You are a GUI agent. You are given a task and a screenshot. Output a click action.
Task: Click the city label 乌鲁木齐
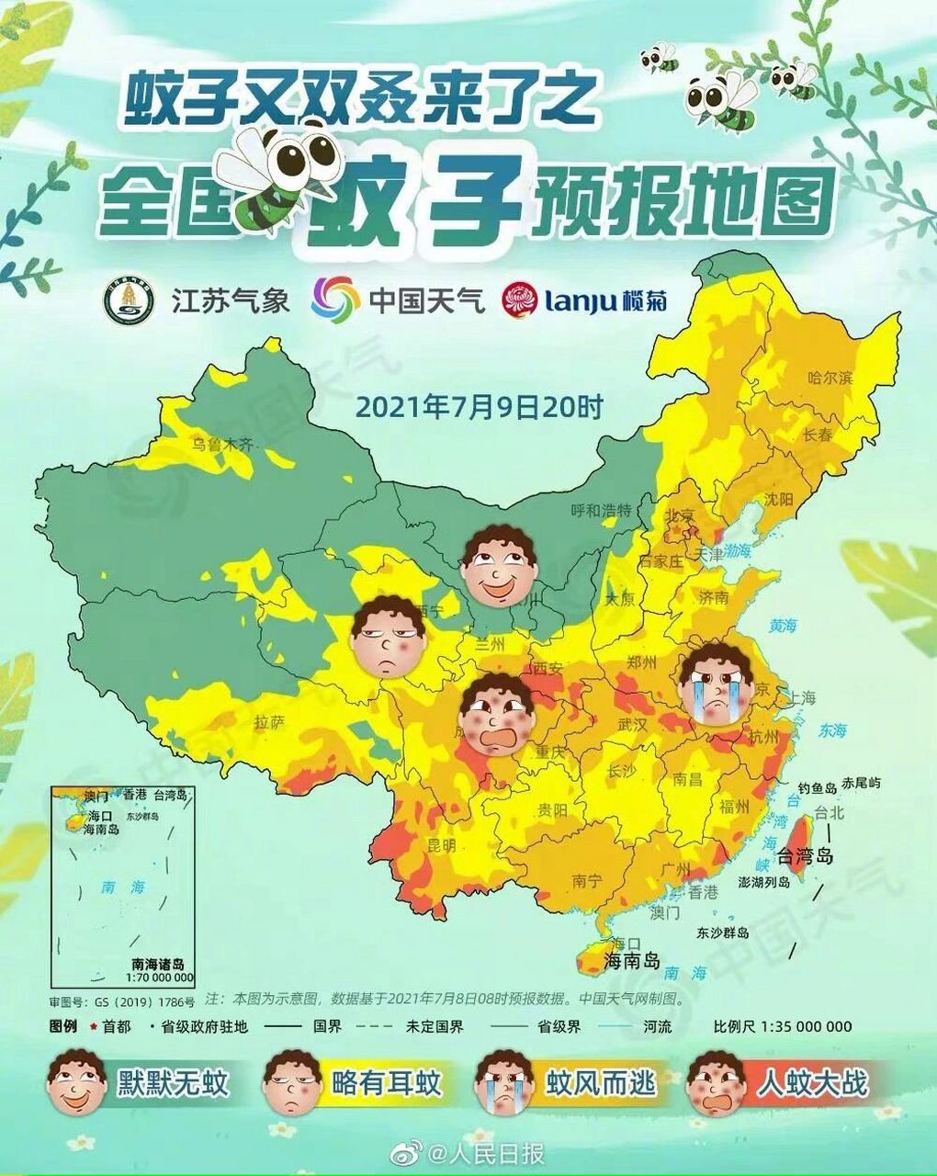coord(221,445)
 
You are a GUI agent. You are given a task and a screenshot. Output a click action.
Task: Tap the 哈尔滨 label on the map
coord(830,378)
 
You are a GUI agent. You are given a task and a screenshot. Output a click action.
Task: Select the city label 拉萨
coord(269,722)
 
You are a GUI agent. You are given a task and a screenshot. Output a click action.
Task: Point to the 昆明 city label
coord(442,843)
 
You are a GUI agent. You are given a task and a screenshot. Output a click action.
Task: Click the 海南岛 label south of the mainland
coord(632,962)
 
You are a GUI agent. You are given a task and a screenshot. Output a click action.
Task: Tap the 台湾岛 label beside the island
coord(805,857)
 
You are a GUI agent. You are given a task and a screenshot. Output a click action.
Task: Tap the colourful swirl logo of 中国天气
coord(335,300)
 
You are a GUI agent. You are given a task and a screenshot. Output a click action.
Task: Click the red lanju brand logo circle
coord(520,300)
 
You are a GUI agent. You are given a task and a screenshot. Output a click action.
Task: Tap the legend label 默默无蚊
coord(173,1083)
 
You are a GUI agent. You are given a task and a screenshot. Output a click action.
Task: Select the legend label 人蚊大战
coord(812,1083)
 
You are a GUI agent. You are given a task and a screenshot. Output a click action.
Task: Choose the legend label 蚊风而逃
coord(602,1083)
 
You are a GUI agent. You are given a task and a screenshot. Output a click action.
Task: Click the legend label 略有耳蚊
coord(387,1083)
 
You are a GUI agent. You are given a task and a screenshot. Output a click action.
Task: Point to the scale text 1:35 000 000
coord(806,1026)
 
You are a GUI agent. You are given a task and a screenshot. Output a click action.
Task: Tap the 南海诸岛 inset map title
coord(158,965)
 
